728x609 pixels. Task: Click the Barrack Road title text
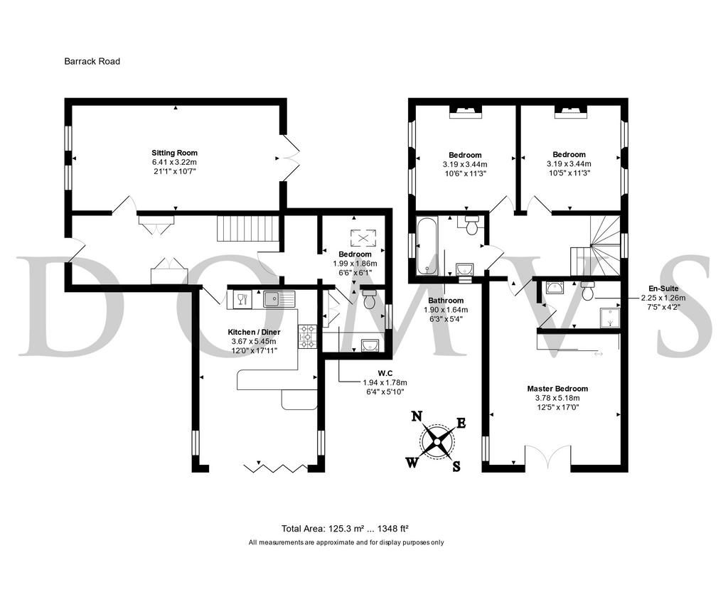coord(92,61)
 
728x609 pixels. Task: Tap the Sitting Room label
coord(175,153)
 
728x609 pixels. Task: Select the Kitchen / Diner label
coord(254,332)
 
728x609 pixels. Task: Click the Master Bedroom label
coord(557,389)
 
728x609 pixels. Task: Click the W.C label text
coord(385,373)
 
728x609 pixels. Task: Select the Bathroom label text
coord(446,301)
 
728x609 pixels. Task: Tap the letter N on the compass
coord(417,416)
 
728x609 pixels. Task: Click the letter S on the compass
coord(456,466)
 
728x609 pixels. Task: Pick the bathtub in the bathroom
coord(426,247)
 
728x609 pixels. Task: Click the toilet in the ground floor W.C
coord(370,299)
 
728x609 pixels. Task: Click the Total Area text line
coord(345,528)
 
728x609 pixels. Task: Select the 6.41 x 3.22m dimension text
coord(174,162)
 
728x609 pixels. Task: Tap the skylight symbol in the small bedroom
coord(363,238)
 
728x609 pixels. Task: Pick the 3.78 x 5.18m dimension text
coord(557,398)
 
